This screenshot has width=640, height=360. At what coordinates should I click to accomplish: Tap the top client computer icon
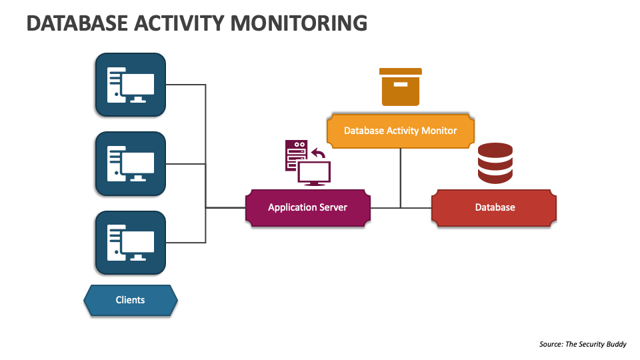[130, 85]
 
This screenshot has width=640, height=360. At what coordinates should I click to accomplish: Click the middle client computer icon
[130, 163]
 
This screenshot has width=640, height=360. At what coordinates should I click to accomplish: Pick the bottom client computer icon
[130, 243]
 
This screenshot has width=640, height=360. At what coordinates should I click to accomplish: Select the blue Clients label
[130, 300]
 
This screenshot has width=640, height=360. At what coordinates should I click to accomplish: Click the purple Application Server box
[307, 207]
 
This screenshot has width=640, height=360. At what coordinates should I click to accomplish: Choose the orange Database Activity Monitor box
[400, 131]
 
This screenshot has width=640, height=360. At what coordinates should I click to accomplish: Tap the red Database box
[494, 207]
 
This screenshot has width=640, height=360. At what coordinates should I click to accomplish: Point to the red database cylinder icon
[495, 163]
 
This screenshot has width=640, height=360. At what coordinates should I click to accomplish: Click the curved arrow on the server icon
[319, 154]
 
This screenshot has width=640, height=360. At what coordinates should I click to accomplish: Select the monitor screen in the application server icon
[313, 173]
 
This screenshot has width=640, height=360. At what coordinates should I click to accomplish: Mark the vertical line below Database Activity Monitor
[401, 177]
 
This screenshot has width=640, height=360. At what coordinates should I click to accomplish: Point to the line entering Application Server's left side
[225, 207]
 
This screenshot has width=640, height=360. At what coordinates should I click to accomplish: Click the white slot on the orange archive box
[401, 84]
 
